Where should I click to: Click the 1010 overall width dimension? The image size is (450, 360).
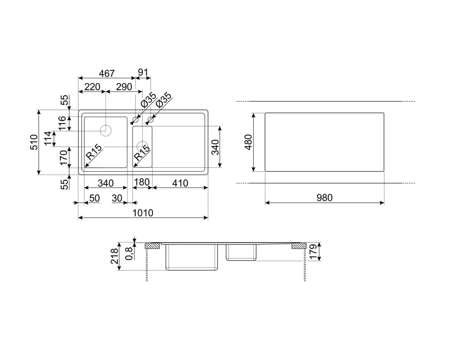pyautogui.click(x=143, y=213)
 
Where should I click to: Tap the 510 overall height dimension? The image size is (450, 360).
pyautogui.click(x=34, y=142)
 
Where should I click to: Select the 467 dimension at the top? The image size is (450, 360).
pyautogui.click(x=107, y=73)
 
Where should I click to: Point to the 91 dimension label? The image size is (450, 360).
pyautogui.click(x=143, y=73)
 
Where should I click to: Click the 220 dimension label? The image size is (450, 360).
pyautogui.click(x=92, y=87)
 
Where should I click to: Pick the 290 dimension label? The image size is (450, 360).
pyautogui.click(x=124, y=87)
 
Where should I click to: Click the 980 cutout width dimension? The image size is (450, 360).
pyautogui.click(x=325, y=198)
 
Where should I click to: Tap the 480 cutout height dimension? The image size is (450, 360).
pyautogui.click(x=248, y=142)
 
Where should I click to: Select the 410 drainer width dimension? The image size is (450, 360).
pyautogui.click(x=180, y=183)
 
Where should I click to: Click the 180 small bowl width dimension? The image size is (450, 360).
pyautogui.click(x=142, y=182)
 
